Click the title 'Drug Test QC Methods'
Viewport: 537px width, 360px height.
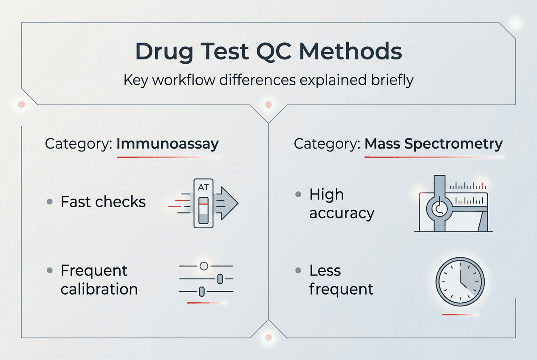(x=268, y=52)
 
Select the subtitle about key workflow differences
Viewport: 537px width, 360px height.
(x=268, y=80)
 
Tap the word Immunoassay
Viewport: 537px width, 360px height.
(x=167, y=144)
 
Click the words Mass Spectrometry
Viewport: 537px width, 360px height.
(x=433, y=144)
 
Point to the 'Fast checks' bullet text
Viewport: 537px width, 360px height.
(x=103, y=202)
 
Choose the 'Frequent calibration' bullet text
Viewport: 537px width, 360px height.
(x=99, y=280)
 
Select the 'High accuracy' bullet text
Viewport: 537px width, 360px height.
(x=342, y=204)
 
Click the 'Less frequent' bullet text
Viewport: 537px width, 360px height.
(x=341, y=280)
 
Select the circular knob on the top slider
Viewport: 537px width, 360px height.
(x=203, y=266)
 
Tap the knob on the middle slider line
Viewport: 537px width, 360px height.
(x=220, y=279)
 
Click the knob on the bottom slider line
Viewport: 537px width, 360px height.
(x=202, y=291)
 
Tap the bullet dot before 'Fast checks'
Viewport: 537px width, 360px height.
(x=50, y=202)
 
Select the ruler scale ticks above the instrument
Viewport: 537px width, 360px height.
(x=468, y=186)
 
